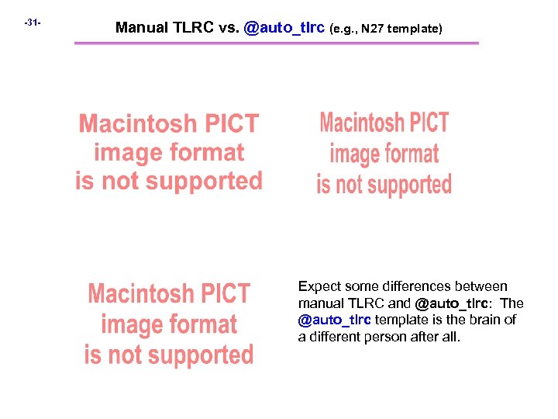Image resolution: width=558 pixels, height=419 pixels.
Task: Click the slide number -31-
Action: click(32, 23)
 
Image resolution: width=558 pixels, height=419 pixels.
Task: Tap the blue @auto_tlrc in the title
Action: click(284, 28)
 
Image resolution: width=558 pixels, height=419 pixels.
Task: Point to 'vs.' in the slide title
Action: click(229, 28)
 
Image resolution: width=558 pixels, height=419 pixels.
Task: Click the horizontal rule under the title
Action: click(276, 43)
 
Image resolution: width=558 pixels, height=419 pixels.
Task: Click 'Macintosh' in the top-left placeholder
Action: click(136, 124)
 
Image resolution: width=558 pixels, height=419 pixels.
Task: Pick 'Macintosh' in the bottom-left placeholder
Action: click(140, 295)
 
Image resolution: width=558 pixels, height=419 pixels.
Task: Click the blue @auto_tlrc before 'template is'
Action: click(334, 320)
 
